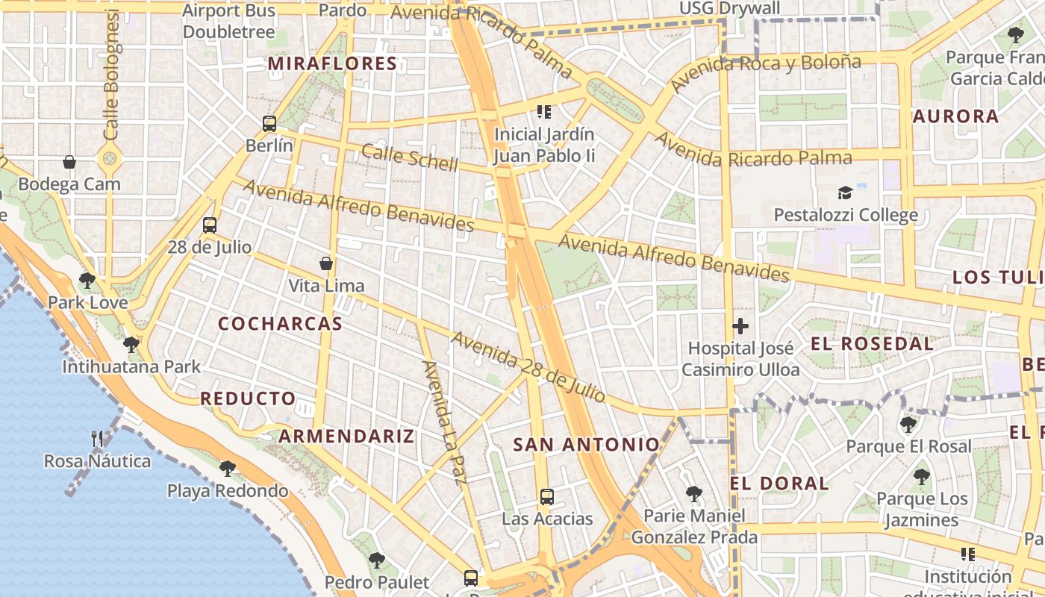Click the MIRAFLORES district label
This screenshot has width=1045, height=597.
click(x=332, y=64)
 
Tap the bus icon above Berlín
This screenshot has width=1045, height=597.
click(x=269, y=124)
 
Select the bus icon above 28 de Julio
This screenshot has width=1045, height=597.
click(x=210, y=225)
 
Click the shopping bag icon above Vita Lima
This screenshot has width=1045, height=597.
click(x=326, y=263)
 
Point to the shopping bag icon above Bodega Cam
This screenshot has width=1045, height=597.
click(x=69, y=162)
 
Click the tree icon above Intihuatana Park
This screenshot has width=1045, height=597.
click(x=131, y=345)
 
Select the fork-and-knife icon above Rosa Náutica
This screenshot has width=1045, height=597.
click(x=97, y=439)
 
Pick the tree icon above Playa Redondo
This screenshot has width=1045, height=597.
click(x=228, y=469)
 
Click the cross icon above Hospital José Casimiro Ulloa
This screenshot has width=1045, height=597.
click(x=740, y=326)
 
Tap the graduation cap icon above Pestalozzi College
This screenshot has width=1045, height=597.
click(x=845, y=193)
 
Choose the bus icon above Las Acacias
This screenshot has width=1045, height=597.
click(x=547, y=496)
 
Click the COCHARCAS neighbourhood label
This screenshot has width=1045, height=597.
click(x=280, y=324)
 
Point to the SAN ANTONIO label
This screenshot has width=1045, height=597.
click(x=587, y=446)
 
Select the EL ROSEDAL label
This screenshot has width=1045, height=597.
click(x=872, y=344)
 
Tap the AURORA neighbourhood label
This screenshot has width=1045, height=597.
click(x=955, y=116)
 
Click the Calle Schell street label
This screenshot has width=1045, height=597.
click(x=409, y=157)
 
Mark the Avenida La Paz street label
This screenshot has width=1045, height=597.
click(x=443, y=422)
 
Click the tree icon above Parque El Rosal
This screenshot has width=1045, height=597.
click(x=908, y=425)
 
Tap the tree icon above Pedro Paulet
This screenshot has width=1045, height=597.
click(x=377, y=560)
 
